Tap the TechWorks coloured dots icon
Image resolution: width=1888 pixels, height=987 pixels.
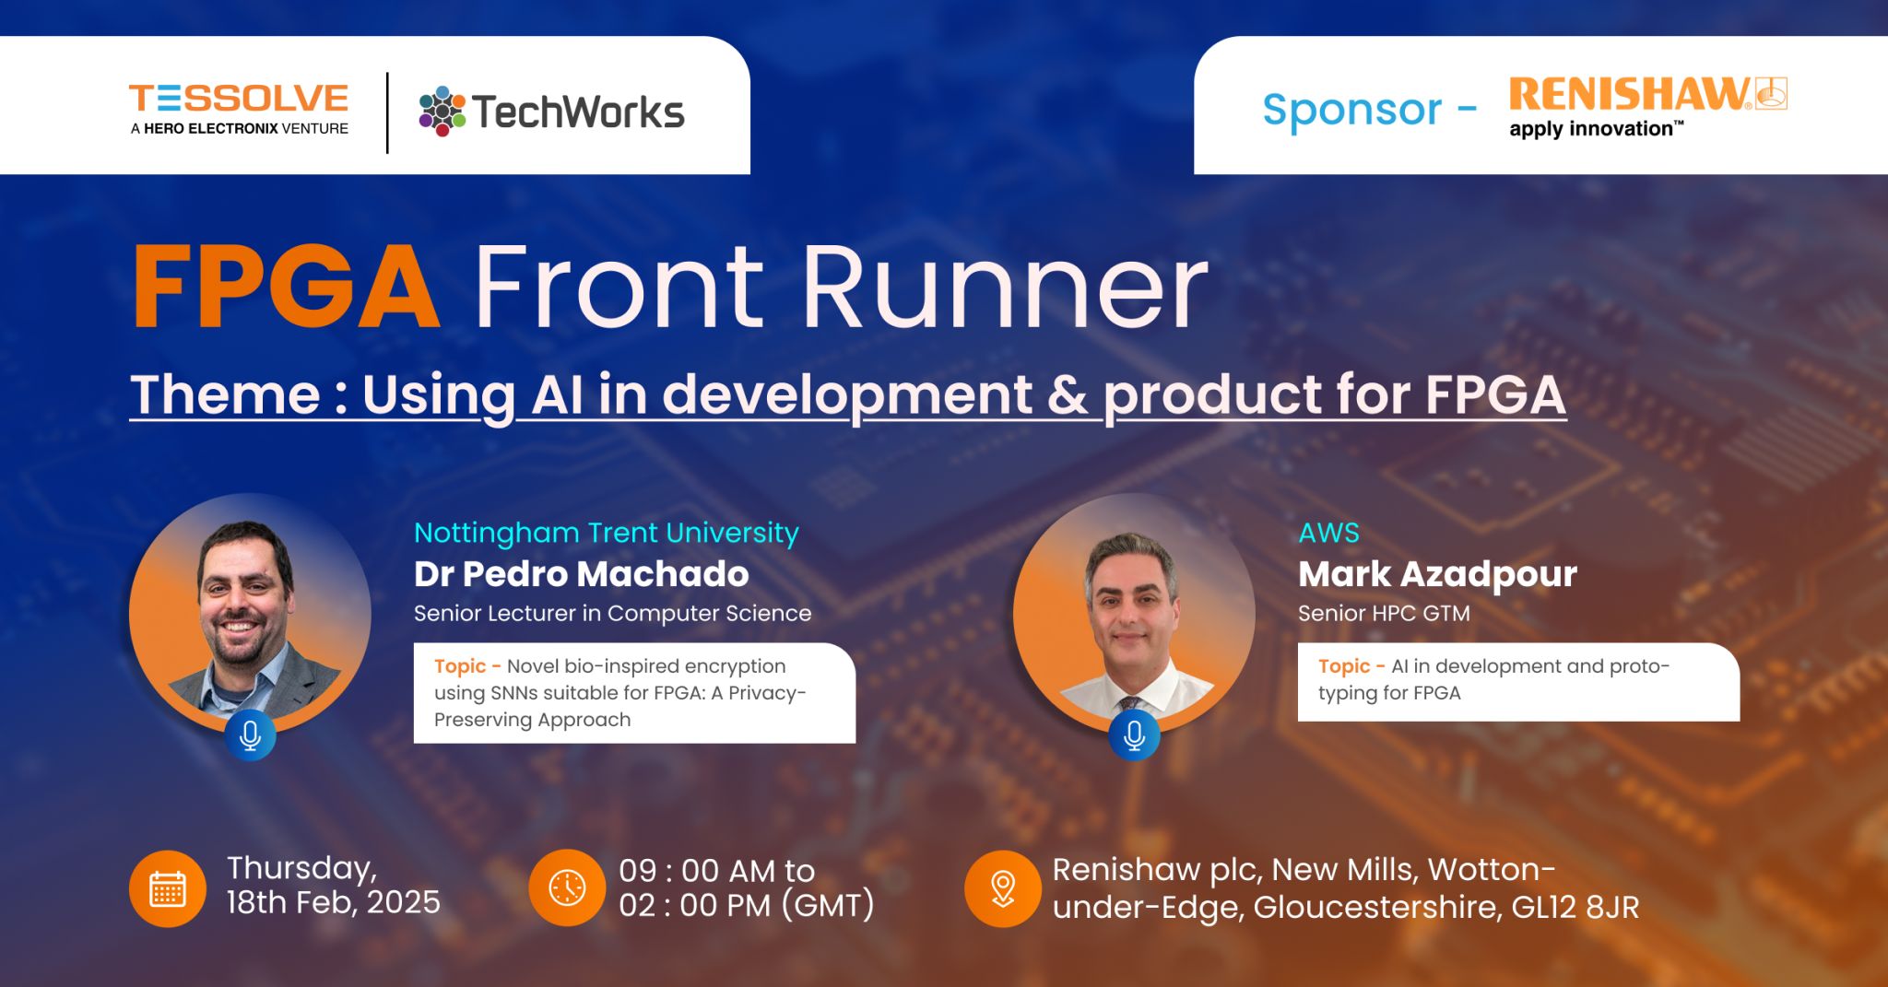pyautogui.click(x=442, y=112)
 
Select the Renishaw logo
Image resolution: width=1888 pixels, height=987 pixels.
pyautogui.click(x=1647, y=107)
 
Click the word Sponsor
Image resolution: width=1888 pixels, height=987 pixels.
pyautogui.click(x=1351, y=110)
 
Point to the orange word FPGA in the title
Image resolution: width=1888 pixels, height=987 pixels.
pyautogui.click(x=285, y=287)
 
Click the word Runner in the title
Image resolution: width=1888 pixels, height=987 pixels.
pyautogui.click(x=1005, y=287)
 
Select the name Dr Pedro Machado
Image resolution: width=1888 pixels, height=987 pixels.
pyautogui.click(x=581, y=574)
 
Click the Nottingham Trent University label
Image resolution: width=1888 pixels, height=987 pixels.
pyautogui.click(x=606, y=533)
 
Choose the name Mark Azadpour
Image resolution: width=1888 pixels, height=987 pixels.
pyautogui.click(x=1437, y=574)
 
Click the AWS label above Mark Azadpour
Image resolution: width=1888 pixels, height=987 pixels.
pyautogui.click(x=1328, y=533)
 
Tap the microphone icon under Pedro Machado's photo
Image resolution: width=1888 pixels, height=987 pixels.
pyautogui.click(x=250, y=734)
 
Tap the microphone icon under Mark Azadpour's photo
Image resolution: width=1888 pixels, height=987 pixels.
pyautogui.click(x=1134, y=734)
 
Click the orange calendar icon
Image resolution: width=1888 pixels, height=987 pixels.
pyautogui.click(x=167, y=888)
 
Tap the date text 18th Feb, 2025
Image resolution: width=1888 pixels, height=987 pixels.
pyautogui.click(x=334, y=902)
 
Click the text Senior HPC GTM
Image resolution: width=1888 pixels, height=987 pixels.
pyautogui.click(x=1384, y=613)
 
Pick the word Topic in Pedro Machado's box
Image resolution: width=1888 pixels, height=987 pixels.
pyautogui.click(x=460, y=666)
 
